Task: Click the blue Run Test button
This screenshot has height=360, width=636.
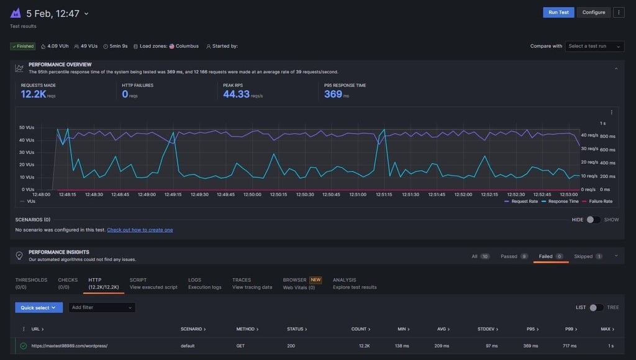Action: (558, 12)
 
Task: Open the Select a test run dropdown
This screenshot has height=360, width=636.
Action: (594, 46)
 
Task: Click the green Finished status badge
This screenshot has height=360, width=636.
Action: (23, 46)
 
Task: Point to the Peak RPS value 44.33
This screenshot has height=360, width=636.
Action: (236, 94)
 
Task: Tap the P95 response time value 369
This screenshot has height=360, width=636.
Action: (333, 94)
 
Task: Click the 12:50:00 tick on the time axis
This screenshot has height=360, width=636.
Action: (252, 195)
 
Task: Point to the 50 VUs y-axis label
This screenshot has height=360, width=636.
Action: (27, 127)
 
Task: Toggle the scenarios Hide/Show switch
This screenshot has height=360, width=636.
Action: (593, 220)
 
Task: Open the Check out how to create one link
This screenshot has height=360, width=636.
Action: (140, 230)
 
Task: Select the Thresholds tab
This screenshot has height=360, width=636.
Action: (31, 284)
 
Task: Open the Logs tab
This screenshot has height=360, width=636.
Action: (205, 284)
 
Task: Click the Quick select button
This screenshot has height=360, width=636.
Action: (39, 308)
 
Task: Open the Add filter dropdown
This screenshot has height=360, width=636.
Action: (102, 308)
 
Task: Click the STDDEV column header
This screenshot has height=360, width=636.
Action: (488, 329)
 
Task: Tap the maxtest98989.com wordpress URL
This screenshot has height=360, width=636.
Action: (70, 346)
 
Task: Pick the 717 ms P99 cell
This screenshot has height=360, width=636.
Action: (570, 346)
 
